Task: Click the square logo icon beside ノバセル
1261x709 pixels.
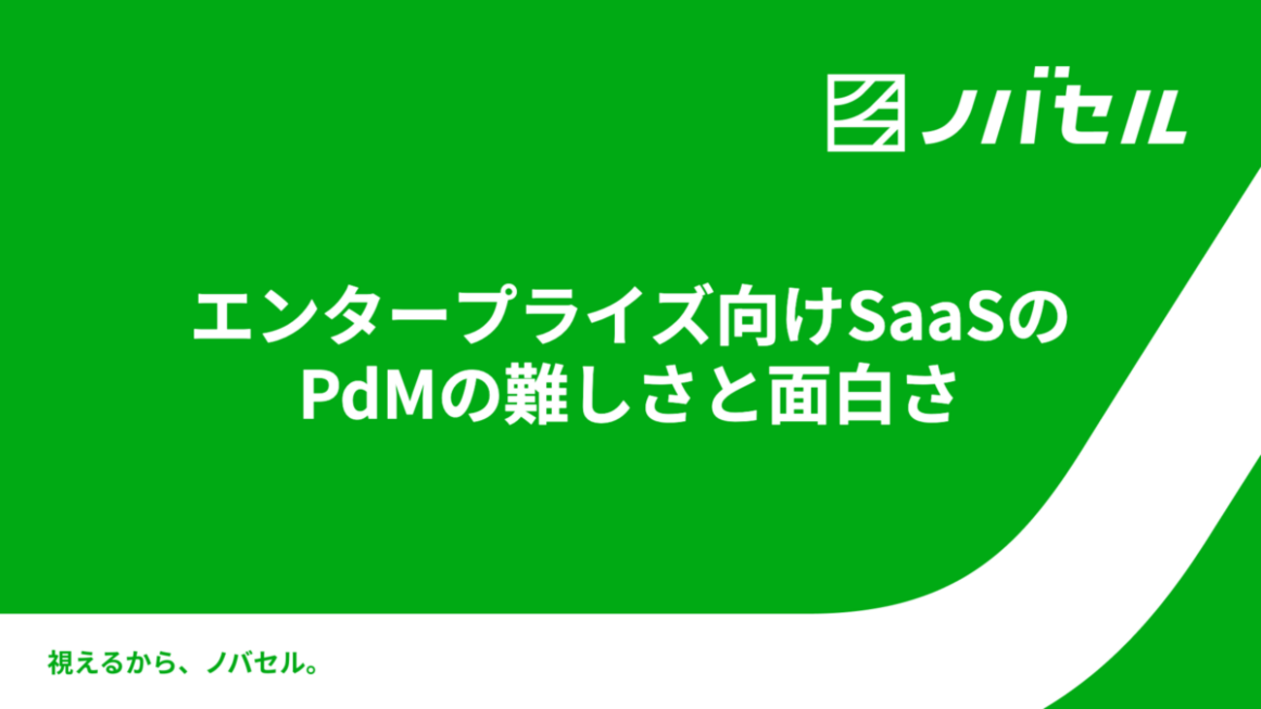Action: click(x=866, y=113)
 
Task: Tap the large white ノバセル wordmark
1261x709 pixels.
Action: click(x=1053, y=106)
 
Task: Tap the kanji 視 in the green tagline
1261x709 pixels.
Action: click(x=60, y=662)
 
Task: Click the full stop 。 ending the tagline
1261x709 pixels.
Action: click(x=312, y=669)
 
